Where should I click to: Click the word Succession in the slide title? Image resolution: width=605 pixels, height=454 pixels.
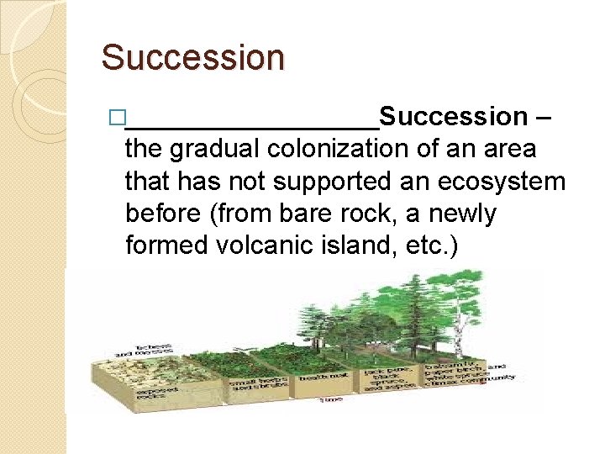point(192,58)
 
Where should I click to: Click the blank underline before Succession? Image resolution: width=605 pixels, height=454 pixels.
point(252,126)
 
